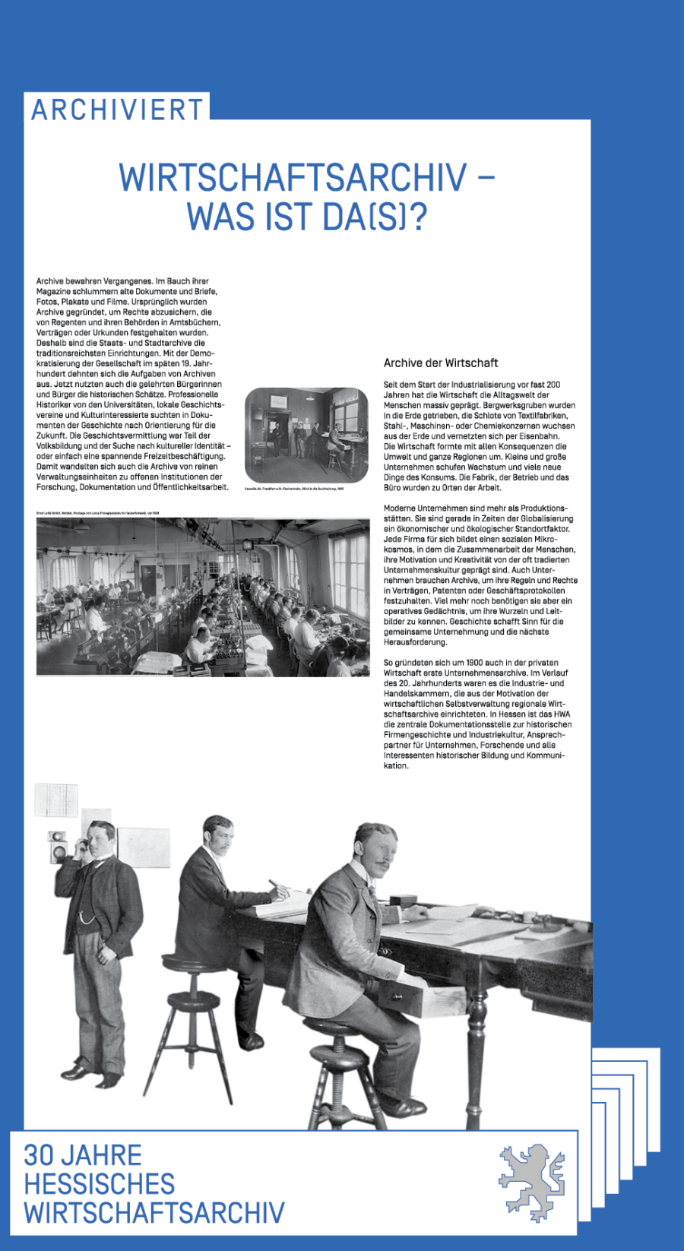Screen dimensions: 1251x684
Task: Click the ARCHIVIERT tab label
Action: (x=117, y=109)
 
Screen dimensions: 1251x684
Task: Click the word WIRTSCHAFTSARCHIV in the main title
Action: (x=293, y=178)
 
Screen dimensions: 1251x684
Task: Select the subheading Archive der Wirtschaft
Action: (x=441, y=363)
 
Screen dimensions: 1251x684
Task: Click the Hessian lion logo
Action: (x=532, y=1182)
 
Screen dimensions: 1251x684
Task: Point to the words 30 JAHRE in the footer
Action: (x=83, y=1155)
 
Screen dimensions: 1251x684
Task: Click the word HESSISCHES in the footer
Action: (x=100, y=1184)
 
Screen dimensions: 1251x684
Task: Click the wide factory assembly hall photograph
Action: (x=203, y=597)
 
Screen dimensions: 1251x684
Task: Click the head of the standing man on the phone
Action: (x=100, y=839)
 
